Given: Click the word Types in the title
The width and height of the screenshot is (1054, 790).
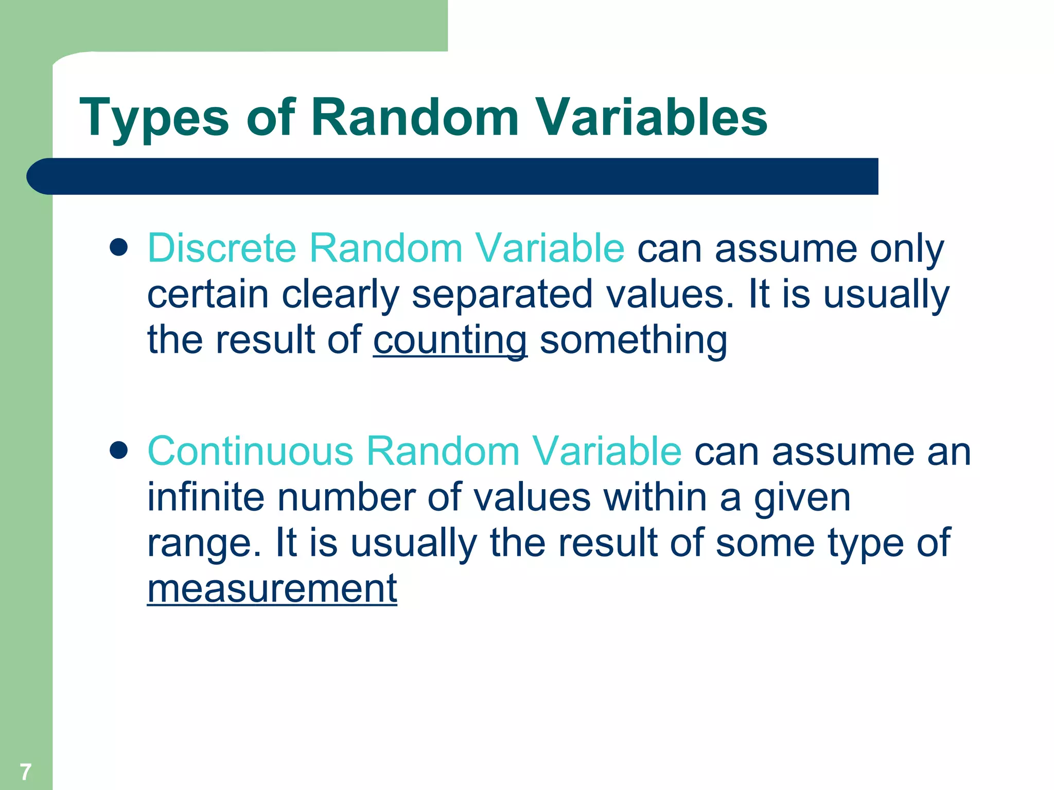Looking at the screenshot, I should click(154, 119).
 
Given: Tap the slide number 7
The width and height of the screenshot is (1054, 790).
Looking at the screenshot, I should click(25, 771).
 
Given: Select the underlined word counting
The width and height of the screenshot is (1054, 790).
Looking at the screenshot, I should click(450, 340).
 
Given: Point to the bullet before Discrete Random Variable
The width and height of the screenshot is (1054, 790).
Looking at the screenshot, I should click(119, 247).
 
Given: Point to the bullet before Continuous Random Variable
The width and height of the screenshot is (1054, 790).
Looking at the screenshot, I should click(119, 451).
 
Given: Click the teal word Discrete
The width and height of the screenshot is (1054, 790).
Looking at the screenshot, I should click(222, 248).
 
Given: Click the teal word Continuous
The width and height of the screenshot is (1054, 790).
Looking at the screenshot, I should click(250, 451).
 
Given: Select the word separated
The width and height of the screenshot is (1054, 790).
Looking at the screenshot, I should click(502, 295).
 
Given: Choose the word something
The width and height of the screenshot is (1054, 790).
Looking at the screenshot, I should click(634, 340).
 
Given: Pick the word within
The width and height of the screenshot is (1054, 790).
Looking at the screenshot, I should click(655, 497).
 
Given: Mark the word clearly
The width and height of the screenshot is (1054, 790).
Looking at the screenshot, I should click(340, 295).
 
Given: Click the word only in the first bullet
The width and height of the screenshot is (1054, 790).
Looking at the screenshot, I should click(907, 249).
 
